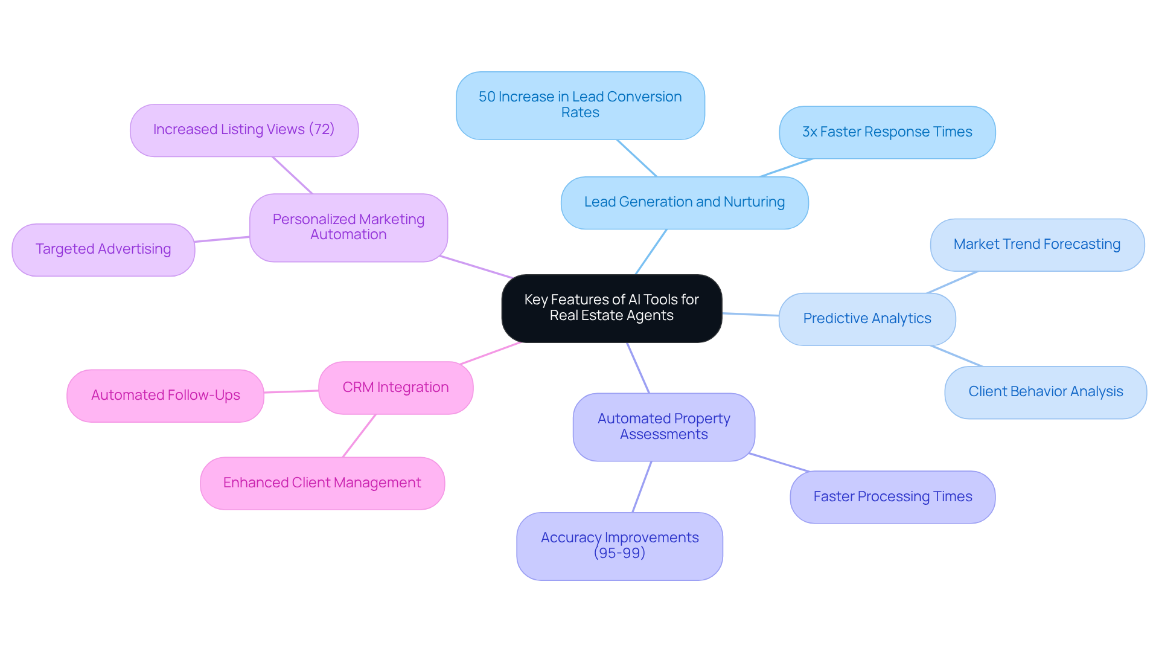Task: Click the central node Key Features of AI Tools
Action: [611, 308]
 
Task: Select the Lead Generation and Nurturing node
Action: [684, 202]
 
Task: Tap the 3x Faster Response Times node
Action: [887, 132]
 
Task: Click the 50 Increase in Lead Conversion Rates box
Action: [580, 105]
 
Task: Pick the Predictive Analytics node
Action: [867, 319]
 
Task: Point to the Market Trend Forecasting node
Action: [1036, 245]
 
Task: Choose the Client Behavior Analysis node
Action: [1045, 392]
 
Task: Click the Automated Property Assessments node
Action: [663, 427]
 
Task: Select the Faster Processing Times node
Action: [892, 497]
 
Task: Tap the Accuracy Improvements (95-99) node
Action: [619, 546]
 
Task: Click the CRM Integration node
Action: [395, 388]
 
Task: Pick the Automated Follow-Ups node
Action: [165, 396]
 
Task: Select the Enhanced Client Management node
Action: [322, 483]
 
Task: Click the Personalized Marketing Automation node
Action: [348, 227]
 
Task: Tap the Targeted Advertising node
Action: [103, 249]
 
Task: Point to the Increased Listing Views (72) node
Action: [244, 130]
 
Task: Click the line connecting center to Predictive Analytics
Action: [750, 314]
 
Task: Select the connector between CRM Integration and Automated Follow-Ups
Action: [291, 391]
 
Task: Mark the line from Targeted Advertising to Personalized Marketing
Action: [222, 239]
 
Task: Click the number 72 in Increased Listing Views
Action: [321, 129]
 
